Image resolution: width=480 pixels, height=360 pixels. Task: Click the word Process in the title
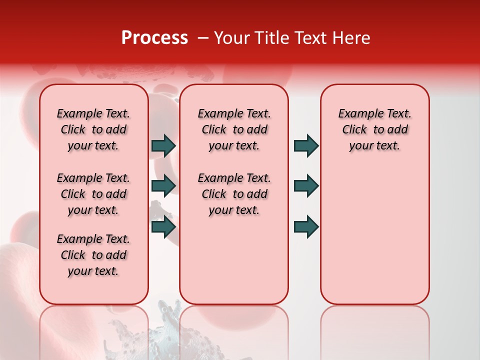[154, 38]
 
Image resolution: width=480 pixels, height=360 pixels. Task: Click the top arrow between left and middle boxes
[163, 145]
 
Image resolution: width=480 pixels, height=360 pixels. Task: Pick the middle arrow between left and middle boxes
[163, 185]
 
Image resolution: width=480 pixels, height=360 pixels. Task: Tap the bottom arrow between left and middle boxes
[163, 227]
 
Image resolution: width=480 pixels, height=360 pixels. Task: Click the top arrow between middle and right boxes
[306, 145]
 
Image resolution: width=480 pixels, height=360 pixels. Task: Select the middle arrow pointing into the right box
[306, 185]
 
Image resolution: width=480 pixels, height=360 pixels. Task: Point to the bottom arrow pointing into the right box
[306, 227]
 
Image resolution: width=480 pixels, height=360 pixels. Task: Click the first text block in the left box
[93, 129]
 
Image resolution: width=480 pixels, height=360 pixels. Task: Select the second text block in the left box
[93, 194]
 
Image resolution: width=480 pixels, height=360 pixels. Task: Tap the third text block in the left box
[93, 255]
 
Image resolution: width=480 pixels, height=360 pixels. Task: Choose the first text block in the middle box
[234, 129]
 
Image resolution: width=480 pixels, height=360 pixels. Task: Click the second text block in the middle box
[234, 194]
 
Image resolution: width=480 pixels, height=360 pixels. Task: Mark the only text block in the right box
[374, 129]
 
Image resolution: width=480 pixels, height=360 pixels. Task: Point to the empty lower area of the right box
[374, 235]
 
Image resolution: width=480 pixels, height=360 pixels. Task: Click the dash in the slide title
[203, 38]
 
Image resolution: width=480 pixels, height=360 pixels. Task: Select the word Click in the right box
[354, 130]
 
